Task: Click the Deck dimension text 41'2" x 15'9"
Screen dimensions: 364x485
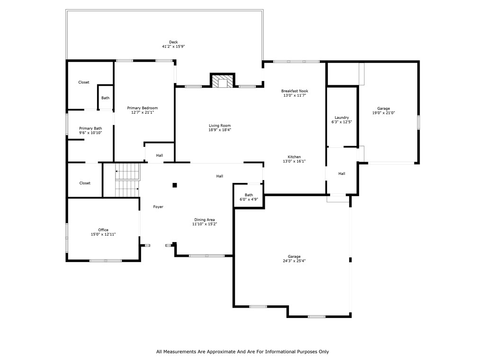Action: click(x=173, y=46)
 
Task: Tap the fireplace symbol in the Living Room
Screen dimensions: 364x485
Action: click(x=223, y=82)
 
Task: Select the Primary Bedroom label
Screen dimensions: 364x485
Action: click(x=143, y=108)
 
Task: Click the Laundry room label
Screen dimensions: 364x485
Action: click(x=341, y=118)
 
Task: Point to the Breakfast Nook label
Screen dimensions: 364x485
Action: click(x=295, y=91)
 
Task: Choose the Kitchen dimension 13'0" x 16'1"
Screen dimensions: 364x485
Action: click(x=294, y=161)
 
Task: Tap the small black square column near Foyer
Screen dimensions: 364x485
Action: click(x=174, y=185)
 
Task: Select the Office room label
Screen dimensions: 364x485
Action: click(x=103, y=230)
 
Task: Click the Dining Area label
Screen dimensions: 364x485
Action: click(x=205, y=219)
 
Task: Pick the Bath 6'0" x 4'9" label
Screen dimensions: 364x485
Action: click(x=249, y=195)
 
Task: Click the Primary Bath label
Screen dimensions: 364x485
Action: click(x=90, y=128)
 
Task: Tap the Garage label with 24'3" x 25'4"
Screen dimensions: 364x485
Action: click(x=294, y=256)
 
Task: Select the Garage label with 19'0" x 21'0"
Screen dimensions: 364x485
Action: click(x=384, y=109)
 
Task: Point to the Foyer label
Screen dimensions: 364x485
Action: click(x=158, y=207)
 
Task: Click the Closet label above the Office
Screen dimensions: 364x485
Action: click(x=85, y=183)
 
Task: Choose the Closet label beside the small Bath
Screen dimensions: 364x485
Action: click(x=84, y=82)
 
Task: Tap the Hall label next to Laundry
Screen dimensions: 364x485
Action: click(x=341, y=173)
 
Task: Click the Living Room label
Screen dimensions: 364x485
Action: click(x=220, y=126)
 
